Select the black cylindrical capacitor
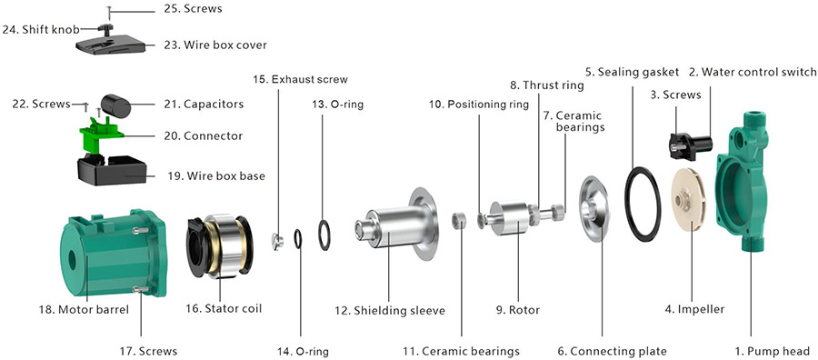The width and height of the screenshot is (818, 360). tap(115, 106)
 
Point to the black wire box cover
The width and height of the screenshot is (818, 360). tap(110, 45)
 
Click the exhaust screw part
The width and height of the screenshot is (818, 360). tap(276, 241)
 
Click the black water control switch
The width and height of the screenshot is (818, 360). tap(690, 145)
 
